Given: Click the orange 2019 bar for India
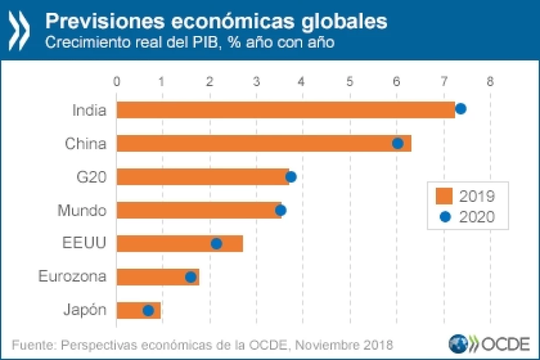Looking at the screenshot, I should pos(285,109).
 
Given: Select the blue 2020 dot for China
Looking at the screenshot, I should pos(398,143).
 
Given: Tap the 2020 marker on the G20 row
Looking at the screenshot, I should pos(291,177).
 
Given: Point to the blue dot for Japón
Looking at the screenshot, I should pos(148,311).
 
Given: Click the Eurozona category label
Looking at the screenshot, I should pos(72,276).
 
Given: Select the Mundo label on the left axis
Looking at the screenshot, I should pos(81,210).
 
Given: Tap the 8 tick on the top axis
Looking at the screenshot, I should pos(490,81).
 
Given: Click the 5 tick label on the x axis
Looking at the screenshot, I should pos(350,81).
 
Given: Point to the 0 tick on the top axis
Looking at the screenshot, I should pos(117,81).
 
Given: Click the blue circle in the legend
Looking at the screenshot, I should pos(446,217).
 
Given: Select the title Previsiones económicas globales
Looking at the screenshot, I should pos(216,22).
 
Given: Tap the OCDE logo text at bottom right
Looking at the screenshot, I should pos(504,344).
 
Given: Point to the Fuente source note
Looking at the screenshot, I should pos(202,344).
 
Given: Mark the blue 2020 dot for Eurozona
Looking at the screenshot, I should pos(190,277).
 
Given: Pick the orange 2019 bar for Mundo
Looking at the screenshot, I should pos(199,210).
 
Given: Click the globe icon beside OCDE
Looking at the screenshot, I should pos(458,344).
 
